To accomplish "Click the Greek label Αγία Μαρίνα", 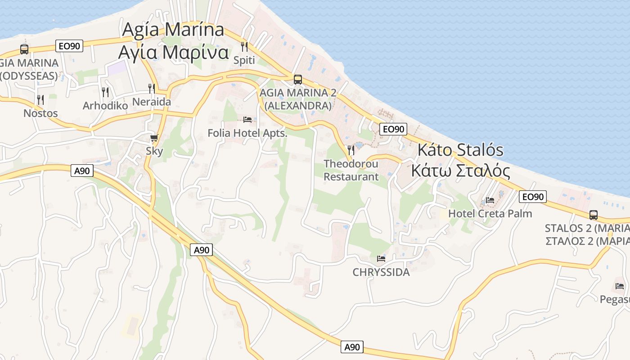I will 173,52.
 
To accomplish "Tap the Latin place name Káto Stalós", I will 461,150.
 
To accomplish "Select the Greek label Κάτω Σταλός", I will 461,171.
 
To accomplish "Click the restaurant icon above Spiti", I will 244,46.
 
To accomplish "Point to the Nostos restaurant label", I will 40,113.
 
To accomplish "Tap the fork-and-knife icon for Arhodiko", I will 105,92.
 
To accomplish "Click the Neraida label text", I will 152,102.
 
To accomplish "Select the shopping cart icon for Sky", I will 154,138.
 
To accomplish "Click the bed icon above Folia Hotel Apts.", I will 247,120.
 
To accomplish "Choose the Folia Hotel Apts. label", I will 247,133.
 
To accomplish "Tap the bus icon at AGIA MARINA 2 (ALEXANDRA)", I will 297,80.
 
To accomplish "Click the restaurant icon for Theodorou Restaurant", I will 351,150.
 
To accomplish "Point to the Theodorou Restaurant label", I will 351,170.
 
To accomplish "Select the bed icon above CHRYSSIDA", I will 381,259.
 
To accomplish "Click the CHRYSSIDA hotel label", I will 381,272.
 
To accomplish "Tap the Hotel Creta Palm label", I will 490,213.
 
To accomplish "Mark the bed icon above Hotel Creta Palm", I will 490,200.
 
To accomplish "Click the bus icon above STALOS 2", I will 594,215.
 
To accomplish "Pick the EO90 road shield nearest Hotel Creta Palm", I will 533,197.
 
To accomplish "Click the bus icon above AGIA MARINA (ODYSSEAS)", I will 24,49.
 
